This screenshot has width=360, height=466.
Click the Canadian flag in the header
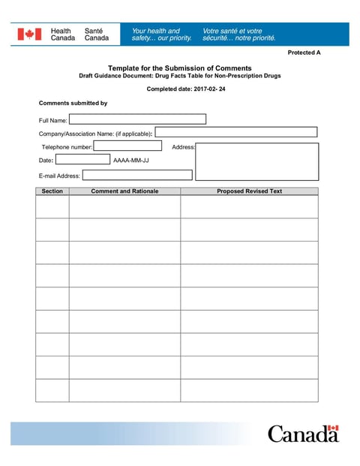click(30, 35)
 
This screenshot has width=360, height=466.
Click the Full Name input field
click(137, 119)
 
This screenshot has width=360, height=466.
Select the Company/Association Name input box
click(235, 132)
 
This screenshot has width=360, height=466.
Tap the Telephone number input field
click(127, 146)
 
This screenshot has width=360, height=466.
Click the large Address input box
click(256, 161)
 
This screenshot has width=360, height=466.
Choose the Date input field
click(82, 159)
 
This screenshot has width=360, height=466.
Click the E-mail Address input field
click(137, 175)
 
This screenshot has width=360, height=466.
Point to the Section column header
click(52, 191)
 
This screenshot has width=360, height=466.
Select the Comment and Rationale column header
click(124, 191)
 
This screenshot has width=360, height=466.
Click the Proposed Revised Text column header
click(249, 191)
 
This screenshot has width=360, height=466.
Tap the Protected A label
click(304, 53)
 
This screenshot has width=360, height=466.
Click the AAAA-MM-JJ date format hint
click(130, 160)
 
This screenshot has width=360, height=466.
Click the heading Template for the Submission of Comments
click(179, 68)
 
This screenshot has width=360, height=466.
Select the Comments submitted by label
click(73, 103)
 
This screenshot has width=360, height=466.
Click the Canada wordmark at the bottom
click(303, 434)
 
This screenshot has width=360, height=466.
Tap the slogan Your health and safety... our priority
click(161, 35)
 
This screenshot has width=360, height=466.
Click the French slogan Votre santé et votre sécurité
click(234, 35)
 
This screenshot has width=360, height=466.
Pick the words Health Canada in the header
click(62, 35)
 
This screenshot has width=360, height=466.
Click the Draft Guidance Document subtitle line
click(179, 77)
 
